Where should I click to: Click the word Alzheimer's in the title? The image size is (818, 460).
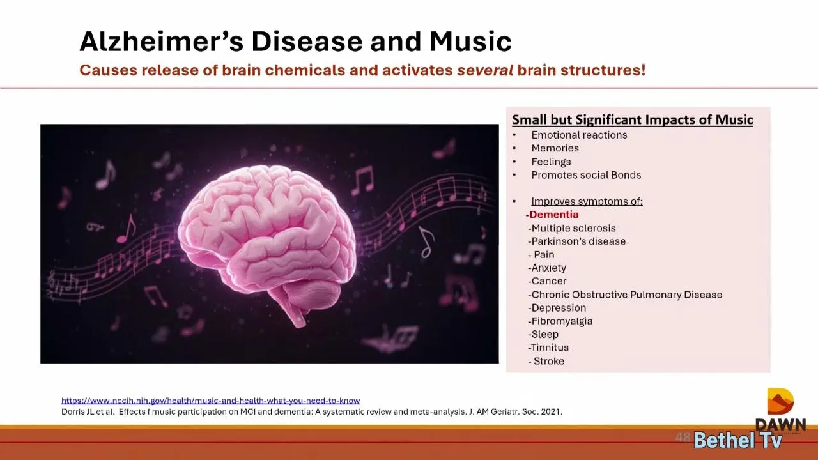click(x=162, y=42)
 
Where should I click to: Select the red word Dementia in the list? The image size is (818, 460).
click(x=553, y=214)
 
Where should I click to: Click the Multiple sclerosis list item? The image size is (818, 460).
click(x=572, y=228)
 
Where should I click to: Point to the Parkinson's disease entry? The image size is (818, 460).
click(x=576, y=241)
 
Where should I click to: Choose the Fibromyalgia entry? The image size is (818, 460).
click(x=560, y=321)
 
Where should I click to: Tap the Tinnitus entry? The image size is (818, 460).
click(x=548, y=348)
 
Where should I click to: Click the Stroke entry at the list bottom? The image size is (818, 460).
click(x=546, y=361)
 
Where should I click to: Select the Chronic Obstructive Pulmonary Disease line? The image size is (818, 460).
click(x=625, y=295)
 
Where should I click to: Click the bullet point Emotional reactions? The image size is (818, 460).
click(x=579, y=135)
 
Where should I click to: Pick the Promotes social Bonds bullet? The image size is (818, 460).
click(x=586, y=175)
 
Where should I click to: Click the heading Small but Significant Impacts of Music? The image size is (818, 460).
click(x=633, y=119)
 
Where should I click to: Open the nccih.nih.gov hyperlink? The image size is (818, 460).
click(x=211, y=401)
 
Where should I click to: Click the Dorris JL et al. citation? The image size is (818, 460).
click(x=312, y=412)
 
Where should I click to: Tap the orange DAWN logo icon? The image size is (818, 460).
click(x=780, y=401)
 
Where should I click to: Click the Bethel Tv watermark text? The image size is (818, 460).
click(x=737, y=440)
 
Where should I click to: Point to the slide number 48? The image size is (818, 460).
click(x=683, y=437)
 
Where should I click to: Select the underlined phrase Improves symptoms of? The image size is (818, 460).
click(x=587, y=201)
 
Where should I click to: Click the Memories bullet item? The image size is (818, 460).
click(x=555, y=148)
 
